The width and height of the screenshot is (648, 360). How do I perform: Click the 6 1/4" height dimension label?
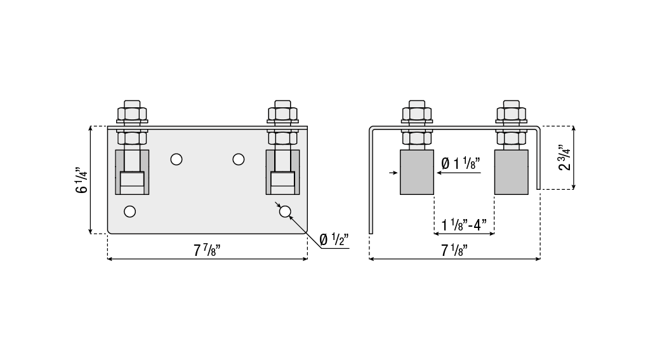[x=81, y=180]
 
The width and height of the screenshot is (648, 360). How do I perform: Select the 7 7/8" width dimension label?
[x=207, y=250]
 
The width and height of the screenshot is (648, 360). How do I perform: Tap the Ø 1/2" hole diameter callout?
[x=334, y=239]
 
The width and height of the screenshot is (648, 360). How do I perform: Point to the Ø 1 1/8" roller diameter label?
[x=461, y=163]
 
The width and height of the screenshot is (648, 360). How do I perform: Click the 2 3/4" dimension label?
[x=564, y=157]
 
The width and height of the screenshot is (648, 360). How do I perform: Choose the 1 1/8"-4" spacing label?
[x=464, y=225]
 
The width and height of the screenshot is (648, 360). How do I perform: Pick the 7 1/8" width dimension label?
[x=454, y=250]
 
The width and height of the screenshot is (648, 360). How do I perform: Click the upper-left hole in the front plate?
[x=176, y=159]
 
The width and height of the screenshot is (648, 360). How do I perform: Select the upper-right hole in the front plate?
[x=239, y=159]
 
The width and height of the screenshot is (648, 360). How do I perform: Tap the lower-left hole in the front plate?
[x=129, y=211]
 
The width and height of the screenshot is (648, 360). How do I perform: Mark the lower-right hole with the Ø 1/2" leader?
[x=285, y=211]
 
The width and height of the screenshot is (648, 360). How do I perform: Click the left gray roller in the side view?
[x=417, y=172]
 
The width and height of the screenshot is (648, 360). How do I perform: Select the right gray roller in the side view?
[x=511, y=172]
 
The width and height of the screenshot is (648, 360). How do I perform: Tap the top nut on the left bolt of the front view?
[x=132, y=113]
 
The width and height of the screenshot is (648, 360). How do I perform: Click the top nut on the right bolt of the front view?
[x=282, y=113]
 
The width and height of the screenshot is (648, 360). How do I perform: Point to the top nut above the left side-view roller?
[x=417, y=113]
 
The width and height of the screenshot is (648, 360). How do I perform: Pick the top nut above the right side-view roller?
[x=512, y=113]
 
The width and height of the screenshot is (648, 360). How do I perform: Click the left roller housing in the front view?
[x=132, y=172]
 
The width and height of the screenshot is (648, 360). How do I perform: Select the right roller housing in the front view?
[x=282, y=172]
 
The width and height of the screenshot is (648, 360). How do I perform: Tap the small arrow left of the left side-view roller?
[x=393, y=173]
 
